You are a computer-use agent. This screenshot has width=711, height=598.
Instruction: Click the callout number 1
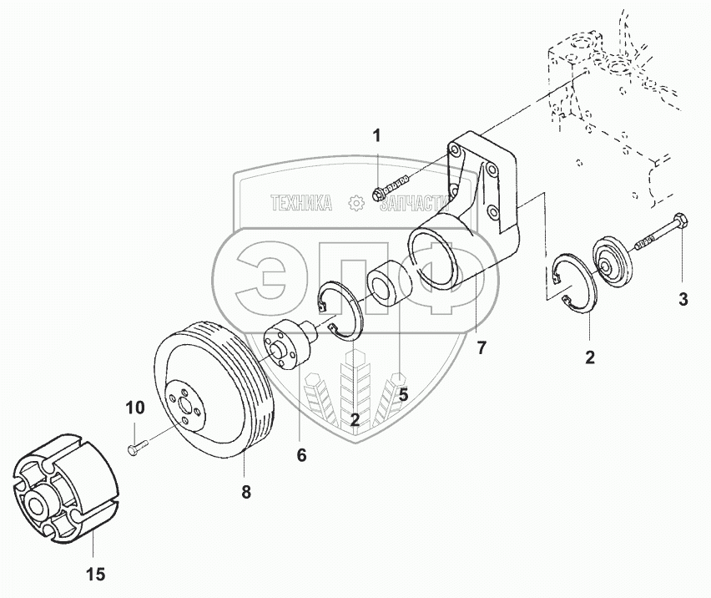tap(376, 136)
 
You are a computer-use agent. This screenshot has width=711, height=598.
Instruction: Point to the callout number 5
tap(402, 395)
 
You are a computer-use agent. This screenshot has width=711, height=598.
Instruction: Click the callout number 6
tap(301, 455)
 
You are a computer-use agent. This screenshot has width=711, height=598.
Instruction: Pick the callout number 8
tap(246, 493)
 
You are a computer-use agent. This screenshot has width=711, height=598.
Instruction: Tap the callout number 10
tap(135, 408)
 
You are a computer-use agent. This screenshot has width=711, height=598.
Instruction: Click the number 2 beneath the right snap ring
tap(589, 357)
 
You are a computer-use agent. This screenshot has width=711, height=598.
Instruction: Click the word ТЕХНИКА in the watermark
tap(301, 203)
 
